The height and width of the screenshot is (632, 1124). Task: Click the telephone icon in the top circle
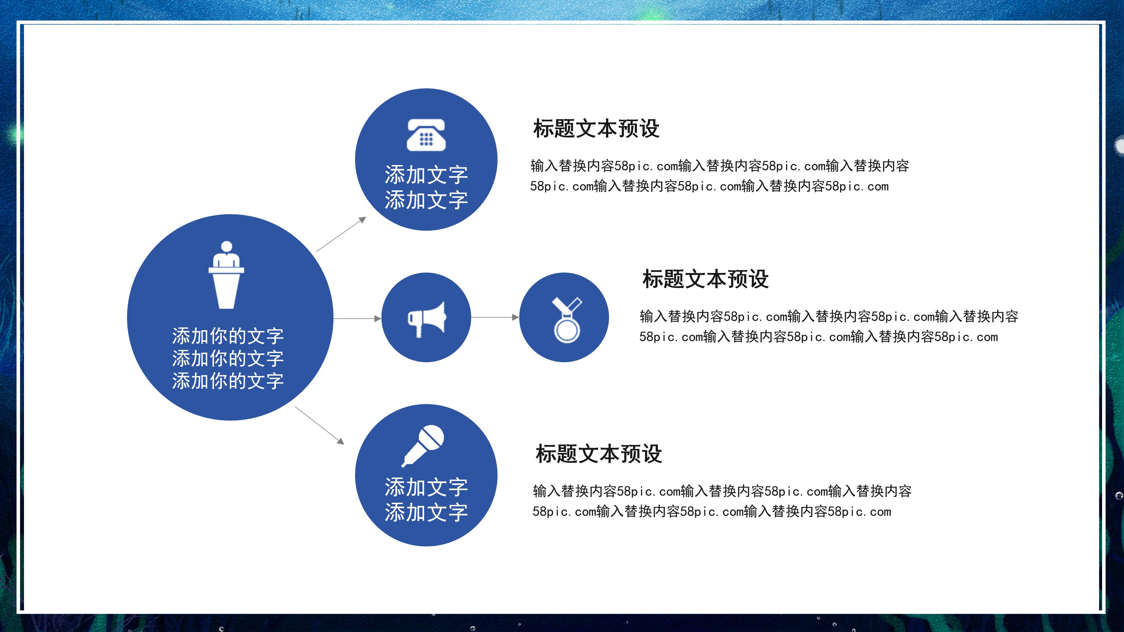pos(426,135)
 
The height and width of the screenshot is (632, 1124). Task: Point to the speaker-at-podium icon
pos(226,275)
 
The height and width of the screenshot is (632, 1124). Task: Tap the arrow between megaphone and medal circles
pos(495,317)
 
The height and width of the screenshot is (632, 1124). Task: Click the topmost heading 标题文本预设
pos(596,129)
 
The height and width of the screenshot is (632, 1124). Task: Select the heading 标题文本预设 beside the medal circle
pos(705,279)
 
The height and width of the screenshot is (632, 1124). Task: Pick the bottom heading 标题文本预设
pos(599,454)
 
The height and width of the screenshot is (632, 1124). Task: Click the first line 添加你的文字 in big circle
pos(227,336)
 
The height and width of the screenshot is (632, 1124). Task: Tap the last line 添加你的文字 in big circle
pos(227,381)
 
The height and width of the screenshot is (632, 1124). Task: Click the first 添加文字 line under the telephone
pos(426,175)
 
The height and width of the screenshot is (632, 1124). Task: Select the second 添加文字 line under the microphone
pos(426,512)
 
